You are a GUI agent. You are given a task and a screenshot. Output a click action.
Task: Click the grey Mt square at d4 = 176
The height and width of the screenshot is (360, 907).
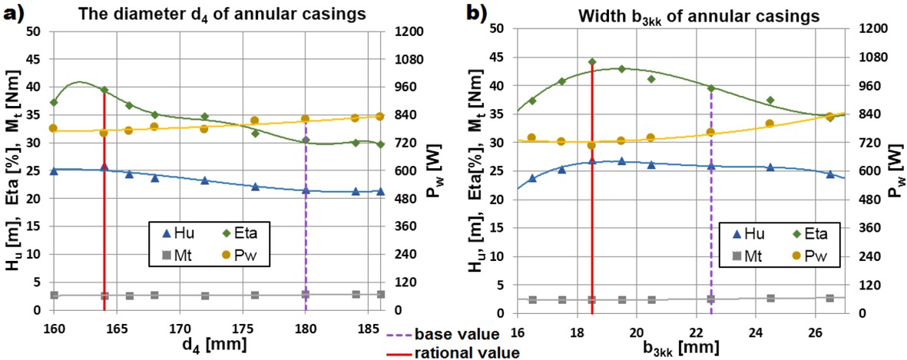point(255,295)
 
